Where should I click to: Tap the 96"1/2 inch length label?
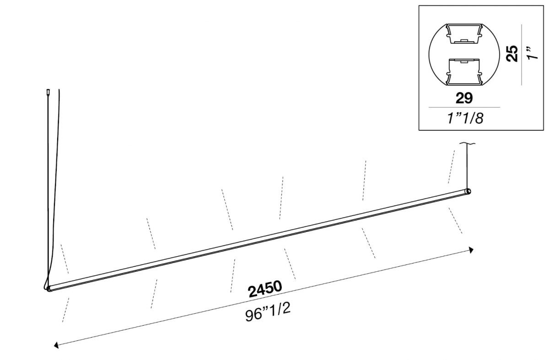(268, 312)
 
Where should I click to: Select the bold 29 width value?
(464, 98)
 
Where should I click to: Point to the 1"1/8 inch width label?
(465, 118)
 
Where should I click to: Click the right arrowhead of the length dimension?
(471, 250)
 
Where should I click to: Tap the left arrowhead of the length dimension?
(56, 345)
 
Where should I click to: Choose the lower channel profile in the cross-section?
(464, 72)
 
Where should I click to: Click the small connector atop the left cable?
(48, 92)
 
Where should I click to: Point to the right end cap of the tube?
(468, 191)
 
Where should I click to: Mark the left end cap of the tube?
(49, 289)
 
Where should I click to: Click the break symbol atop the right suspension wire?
(468, 143)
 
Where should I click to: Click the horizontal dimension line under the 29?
(464, 107)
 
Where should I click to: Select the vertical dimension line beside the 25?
(522, 54)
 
